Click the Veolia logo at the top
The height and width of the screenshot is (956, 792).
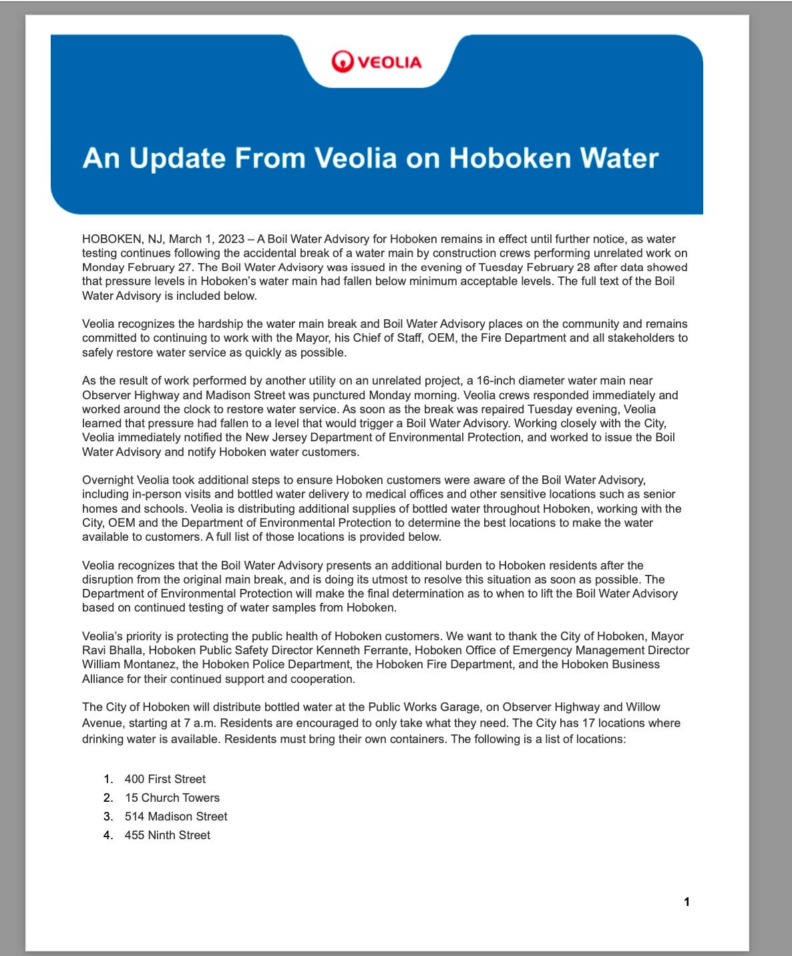[377, 62]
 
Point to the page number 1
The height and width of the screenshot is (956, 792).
[686, 902]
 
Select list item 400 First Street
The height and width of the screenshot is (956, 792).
[165, 779]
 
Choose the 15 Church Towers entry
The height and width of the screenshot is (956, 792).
[172, 798]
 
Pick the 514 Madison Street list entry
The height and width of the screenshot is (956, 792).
[176, 816]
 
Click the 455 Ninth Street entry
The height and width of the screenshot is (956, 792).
[167, 835]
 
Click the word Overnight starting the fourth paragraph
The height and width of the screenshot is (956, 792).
[108, 480]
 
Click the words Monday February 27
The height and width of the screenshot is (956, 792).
[137, 267]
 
